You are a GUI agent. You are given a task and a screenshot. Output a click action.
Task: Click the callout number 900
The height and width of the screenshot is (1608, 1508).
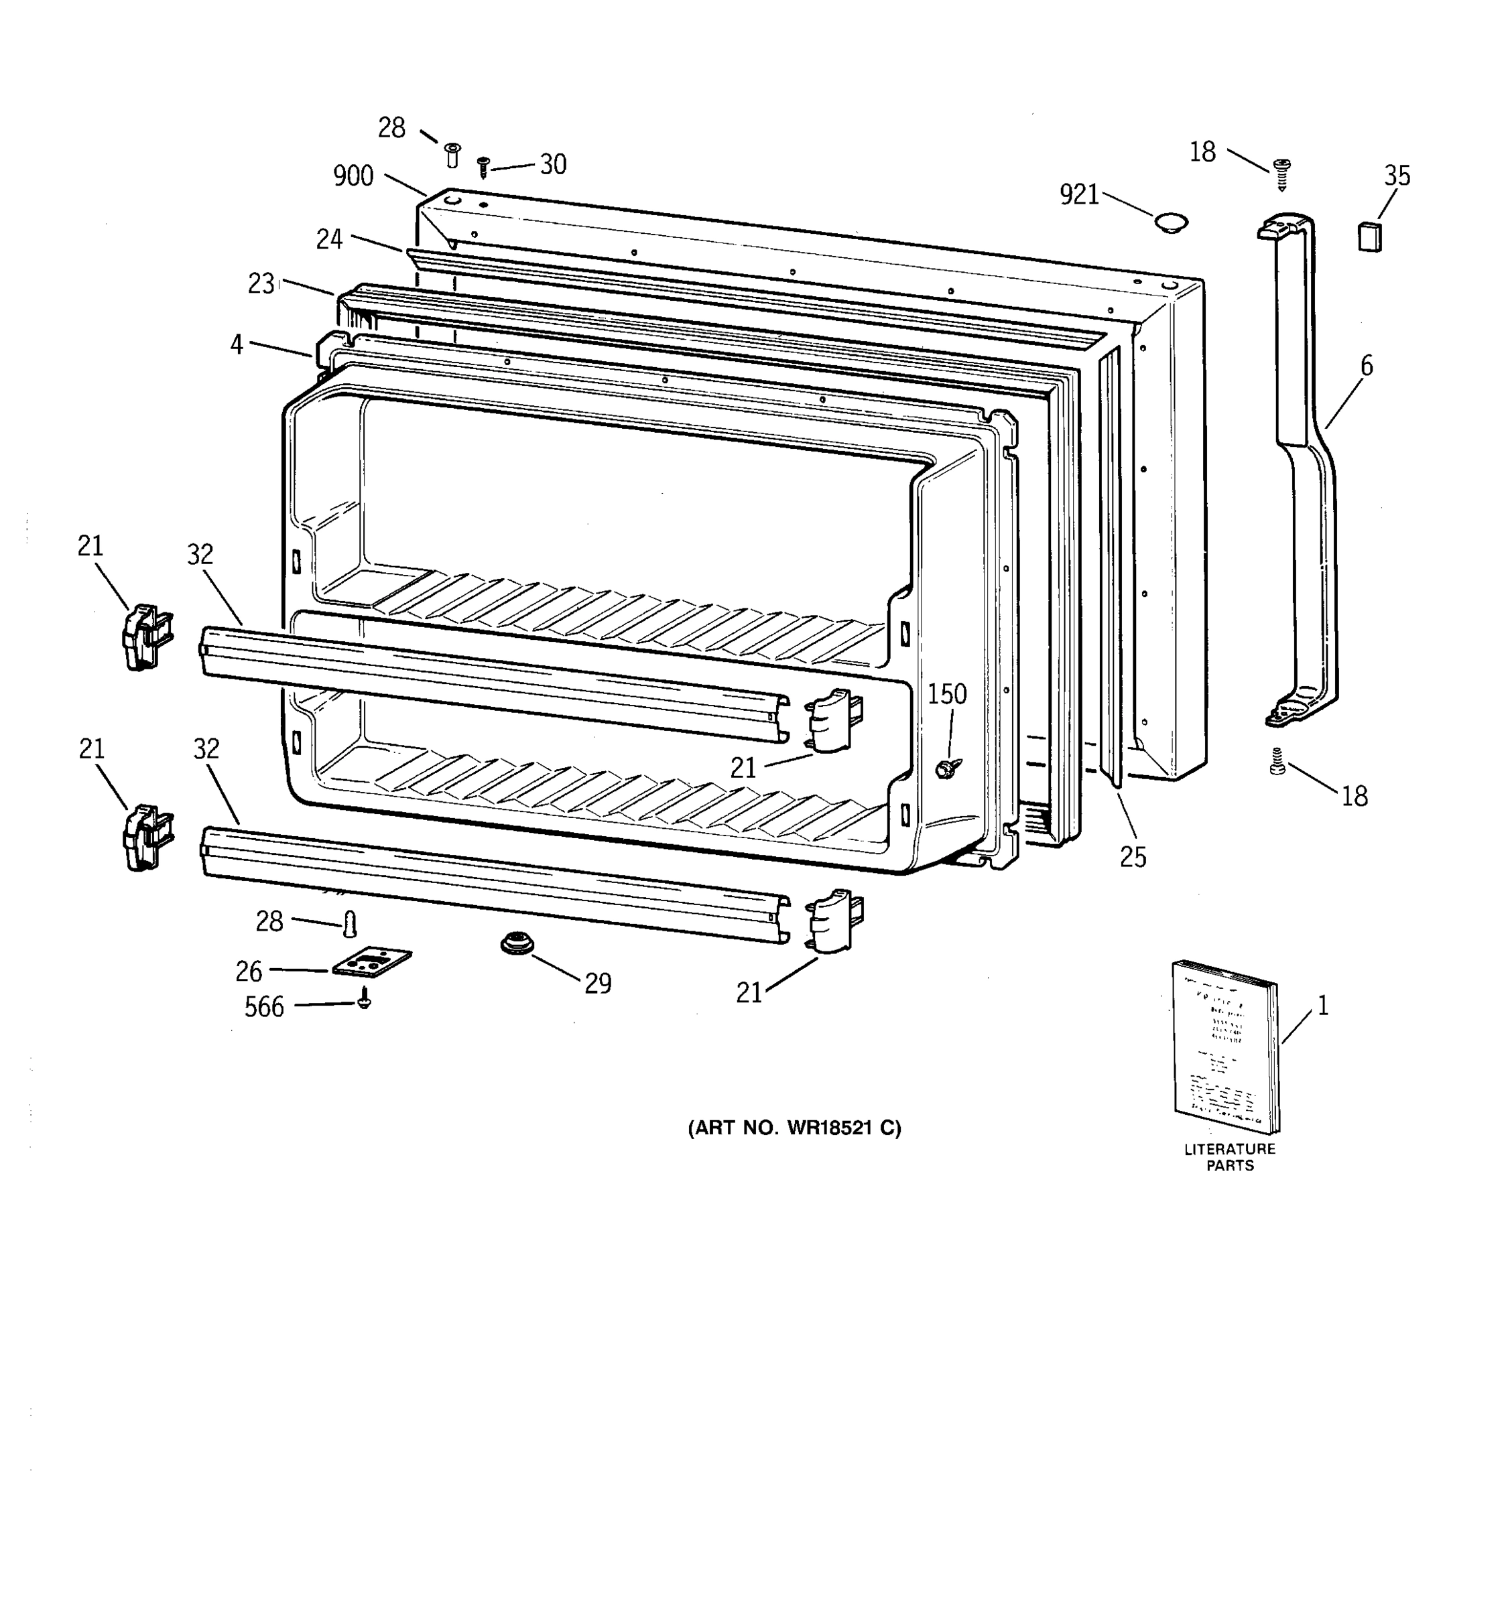pyautogui.click(x=353, y=176)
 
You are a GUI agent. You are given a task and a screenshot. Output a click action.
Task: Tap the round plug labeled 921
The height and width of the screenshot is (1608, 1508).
pyautogui.click(x=1170, y=222)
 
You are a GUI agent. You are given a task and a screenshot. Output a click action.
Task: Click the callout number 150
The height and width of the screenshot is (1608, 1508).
pyautogui.click(x=946, y=694)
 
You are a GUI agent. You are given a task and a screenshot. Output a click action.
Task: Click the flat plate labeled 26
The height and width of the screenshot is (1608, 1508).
pyautogui.click(x=371, y=963)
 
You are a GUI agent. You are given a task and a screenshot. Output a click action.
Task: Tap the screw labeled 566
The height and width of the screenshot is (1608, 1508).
pyautogui.click(x=364, y=1000)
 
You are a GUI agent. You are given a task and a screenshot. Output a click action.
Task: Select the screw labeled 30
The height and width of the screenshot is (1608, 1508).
pyautogui.click(x=484, y=167)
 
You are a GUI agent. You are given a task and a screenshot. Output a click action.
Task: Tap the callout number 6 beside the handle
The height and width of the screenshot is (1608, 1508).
pyautogui.click(x=1367, y=366)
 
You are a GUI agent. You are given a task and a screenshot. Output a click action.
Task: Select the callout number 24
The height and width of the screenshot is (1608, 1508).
pyautogui.click(x=329, y=239)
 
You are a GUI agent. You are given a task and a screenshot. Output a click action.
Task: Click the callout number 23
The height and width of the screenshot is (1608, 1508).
pyautogui.click(x=261, y=284)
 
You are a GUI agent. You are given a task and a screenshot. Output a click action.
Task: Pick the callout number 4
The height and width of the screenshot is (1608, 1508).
pyautogui.click(x=236, y=344)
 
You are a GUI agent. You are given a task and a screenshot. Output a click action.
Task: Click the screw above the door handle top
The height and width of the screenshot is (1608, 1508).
pyautogui.click(x=1281, y=173)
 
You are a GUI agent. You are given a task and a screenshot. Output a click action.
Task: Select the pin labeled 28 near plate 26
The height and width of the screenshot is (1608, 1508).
pyautogui.click(x=351, y=922)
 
